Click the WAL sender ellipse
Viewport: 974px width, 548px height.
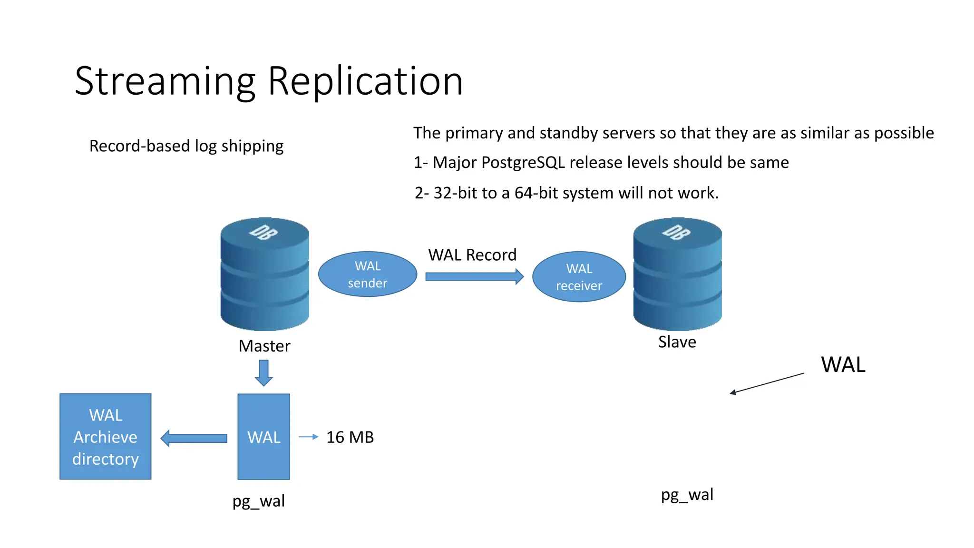pos(367,274)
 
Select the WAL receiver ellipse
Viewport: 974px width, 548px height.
pos(579,276)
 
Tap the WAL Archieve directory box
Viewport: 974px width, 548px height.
pos(105,436)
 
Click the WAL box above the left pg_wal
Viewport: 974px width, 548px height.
pos(263,436)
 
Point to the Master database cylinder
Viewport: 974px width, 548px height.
pos(264,274)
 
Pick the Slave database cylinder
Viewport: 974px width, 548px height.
pos(677,274)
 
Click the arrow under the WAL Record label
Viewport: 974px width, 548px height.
pos(474,276)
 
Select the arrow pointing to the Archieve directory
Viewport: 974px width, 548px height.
pos(194,438)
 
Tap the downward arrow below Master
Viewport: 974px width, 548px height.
pos(263,372)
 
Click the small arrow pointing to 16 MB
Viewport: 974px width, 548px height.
pos(308,437)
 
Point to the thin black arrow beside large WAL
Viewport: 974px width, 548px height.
pos(767,383)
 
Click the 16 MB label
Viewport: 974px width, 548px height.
pos(350,437)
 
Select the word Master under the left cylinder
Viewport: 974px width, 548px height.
pos(264,346)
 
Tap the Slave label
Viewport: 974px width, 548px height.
pos(677,342)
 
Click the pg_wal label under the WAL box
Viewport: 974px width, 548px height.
pos(259,501)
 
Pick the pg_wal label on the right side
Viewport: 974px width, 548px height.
pos(687,495)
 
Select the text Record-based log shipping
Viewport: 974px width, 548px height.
pos(186,146)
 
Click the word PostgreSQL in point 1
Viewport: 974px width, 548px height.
pos(523,163)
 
